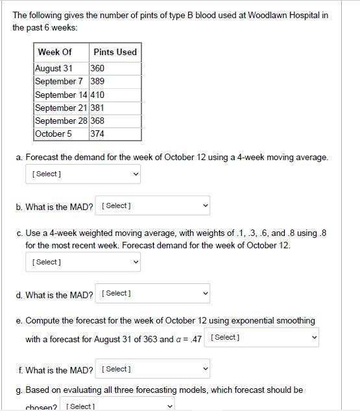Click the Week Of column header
coord(54,52)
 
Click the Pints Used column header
coord(115,52)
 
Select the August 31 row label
coord(54,68)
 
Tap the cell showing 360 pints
coord(98,68)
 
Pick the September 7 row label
coord(59,81)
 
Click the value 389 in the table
coord(98,81)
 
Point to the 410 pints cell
coord(98,95)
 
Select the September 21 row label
coord(62,108)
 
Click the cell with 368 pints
coord(98,121)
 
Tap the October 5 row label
coord(54,134)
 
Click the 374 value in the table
coord(98,134)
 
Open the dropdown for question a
coord(82,174)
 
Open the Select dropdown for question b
coord(152,205)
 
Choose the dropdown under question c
coord(82,262)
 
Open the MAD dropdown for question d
coord(152,294)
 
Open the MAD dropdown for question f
coord(152,369)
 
